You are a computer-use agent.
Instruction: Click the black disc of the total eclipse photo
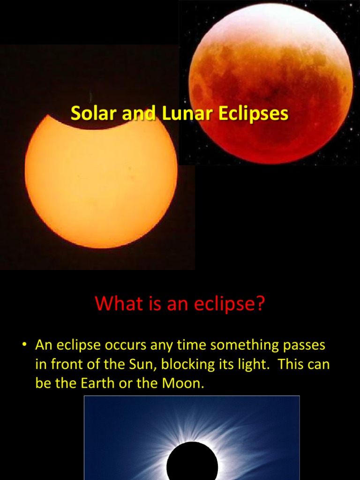coord(192,462)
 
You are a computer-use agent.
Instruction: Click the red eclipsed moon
coord(270,84)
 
